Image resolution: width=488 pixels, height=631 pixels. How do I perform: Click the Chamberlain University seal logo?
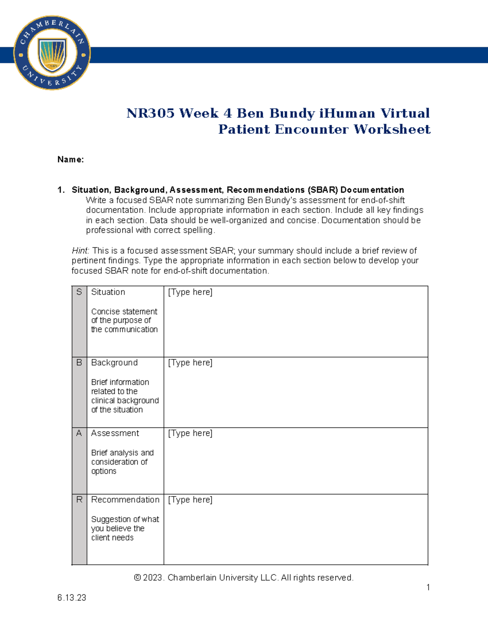point(52,53)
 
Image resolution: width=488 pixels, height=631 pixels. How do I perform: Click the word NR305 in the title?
point(150,113)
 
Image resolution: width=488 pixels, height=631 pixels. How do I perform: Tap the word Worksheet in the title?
point(392,129)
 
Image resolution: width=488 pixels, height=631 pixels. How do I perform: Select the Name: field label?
point(70,160)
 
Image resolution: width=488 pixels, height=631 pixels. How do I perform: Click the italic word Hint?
point(81,251)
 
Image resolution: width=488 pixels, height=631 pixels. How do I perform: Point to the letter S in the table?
point(79,292)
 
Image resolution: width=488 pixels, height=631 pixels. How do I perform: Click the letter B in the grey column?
point(79,362)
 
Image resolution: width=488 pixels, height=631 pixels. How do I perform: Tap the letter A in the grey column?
point(79,433)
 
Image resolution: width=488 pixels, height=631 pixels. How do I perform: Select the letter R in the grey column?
point(79,500)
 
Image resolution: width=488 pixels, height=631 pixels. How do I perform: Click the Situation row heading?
point(108,292)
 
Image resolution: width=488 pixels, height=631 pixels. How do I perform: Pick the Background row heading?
point(114,362)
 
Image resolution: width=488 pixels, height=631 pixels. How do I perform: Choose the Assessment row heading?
point(115,433)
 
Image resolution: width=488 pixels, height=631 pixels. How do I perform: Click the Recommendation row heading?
point(125,500)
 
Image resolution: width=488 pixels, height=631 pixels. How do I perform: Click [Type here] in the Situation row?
point(190,292)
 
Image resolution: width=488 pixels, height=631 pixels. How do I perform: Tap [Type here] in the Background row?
point(190,362)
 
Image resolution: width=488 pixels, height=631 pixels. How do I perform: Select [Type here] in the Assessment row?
point(190,433)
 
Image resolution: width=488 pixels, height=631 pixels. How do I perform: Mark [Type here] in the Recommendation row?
point(190,500)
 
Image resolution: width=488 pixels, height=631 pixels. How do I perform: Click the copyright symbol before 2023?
point(137,578)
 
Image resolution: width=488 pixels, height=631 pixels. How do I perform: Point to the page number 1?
point(428,587)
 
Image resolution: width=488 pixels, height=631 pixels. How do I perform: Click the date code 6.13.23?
point(72,598)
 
